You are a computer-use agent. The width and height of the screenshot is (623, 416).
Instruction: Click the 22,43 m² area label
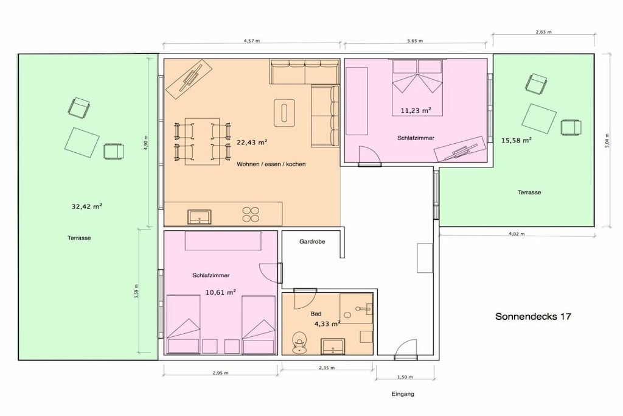point(252,143)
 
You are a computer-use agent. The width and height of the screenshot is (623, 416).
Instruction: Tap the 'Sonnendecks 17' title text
point(533,317)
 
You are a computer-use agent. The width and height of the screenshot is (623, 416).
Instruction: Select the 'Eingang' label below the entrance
point(403,394)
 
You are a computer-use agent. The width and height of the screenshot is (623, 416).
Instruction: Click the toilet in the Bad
point(299,343)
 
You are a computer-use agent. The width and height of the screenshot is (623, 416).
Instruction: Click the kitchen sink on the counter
point(200,216)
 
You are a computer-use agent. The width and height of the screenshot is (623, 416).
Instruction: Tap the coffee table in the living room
point(285,111)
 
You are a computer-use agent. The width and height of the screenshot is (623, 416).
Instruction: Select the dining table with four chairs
point(202,141)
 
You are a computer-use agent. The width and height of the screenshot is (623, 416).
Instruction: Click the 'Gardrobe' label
point(312,241)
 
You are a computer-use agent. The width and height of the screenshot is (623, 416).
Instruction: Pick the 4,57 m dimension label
point(251,41)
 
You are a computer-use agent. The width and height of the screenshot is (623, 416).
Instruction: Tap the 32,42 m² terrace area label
point(86,206)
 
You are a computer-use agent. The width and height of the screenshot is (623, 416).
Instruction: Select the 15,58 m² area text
point(516,140)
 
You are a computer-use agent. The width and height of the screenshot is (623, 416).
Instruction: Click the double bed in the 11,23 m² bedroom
point(417,88)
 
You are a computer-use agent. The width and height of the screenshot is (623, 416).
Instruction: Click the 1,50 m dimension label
point(405,376)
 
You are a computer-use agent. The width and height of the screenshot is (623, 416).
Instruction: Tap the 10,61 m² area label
point(221,292)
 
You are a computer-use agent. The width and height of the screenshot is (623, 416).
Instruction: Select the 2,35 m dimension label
point(327,367)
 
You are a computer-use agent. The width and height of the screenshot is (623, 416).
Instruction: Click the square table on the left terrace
point(82,142)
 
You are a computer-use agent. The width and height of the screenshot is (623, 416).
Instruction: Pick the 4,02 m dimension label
point(517,233)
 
